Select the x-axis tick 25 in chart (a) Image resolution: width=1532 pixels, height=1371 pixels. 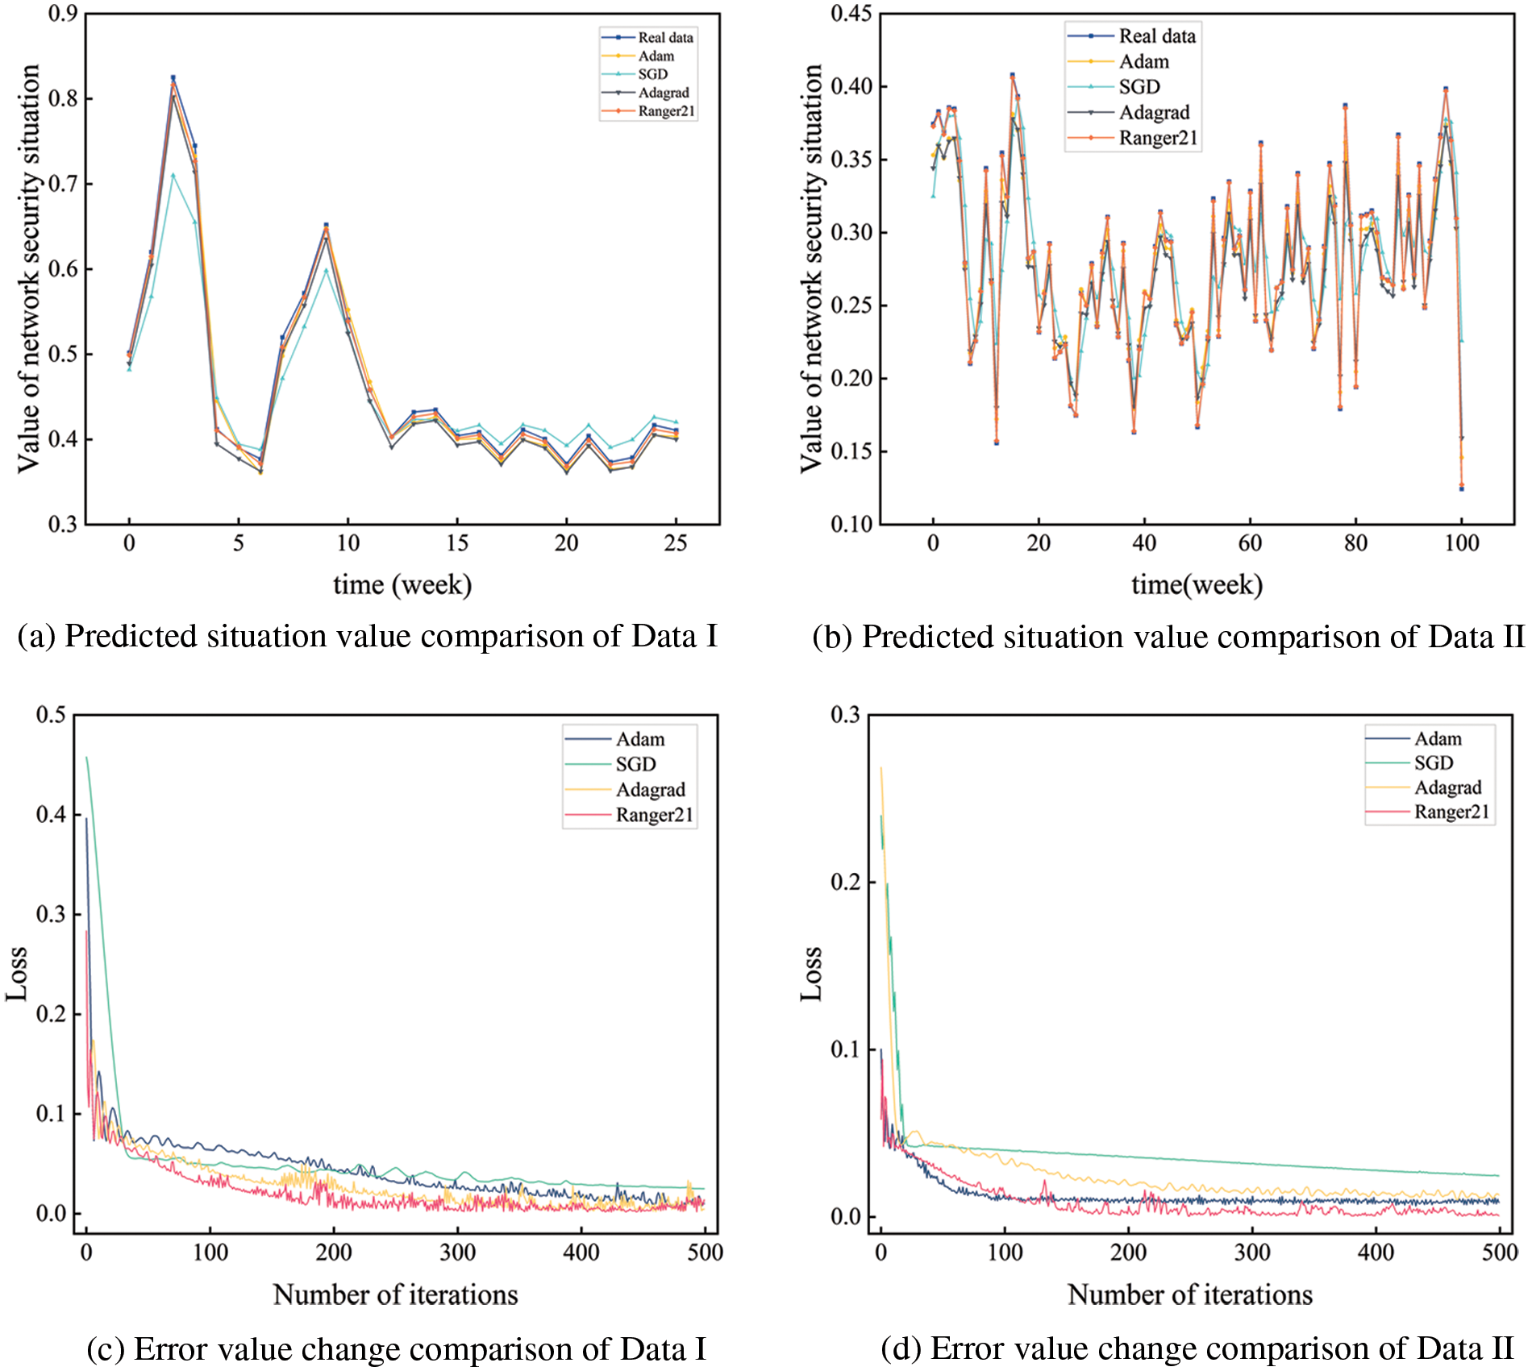pos(676,543)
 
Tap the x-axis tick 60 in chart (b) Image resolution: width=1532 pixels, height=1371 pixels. pos(1250,543)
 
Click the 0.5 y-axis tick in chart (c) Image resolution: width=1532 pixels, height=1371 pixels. pos(51,715)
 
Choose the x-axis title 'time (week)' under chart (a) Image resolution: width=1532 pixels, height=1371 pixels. pos(402,584)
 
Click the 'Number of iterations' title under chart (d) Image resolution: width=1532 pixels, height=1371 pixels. pos(1190,1294)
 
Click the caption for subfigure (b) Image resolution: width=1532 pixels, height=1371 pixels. pos(1168,637)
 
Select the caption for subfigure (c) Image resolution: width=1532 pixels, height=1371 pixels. pos(396,1349)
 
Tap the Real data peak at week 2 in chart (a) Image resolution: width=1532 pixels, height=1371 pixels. pos(173,77)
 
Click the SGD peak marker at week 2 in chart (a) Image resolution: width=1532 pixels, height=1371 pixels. pos(173,175)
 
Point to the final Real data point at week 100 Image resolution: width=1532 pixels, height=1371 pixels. pos(1461,488)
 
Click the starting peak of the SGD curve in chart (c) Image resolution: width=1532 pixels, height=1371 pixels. pos(86,757)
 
